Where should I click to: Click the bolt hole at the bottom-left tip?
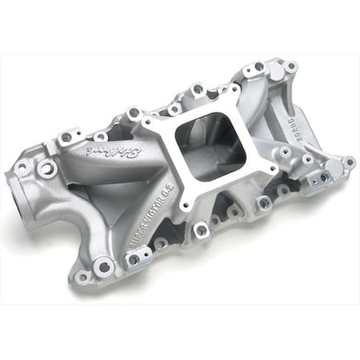pyautogui.click(x=82, y=277)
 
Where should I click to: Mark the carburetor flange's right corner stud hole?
pyautogui.click(x=272, y=170)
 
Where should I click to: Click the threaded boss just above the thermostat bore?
pyautogui.click(x=46, y=169)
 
